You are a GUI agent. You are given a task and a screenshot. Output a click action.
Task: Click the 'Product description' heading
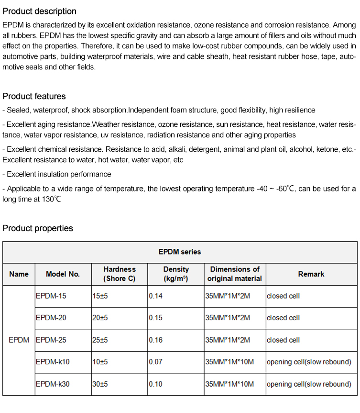39,11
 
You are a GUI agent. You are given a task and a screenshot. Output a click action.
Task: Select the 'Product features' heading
34,96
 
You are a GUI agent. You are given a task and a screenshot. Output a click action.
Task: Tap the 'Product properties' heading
38,228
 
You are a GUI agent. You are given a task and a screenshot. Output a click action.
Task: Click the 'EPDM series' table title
180,252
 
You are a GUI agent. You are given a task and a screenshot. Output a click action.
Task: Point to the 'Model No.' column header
63,274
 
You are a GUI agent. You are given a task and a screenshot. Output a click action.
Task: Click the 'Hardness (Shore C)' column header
120,274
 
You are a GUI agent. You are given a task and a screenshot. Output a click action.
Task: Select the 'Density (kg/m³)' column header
176,274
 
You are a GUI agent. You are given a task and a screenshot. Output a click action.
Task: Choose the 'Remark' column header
311,274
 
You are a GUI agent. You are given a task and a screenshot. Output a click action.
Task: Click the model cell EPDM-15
51,296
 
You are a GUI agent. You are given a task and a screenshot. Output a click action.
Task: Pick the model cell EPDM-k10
53,362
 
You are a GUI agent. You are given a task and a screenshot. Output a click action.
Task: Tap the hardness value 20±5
100,318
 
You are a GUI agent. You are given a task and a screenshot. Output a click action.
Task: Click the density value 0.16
156,340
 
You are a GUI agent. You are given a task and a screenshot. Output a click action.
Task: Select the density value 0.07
156,362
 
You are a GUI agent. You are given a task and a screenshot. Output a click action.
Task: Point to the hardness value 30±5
100,384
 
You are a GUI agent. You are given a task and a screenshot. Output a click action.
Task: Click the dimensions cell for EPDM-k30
229,384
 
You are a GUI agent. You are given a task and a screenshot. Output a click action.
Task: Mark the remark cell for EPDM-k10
309,362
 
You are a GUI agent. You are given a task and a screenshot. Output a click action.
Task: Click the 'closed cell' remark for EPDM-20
284,318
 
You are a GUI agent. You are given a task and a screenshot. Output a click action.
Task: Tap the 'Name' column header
19,274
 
